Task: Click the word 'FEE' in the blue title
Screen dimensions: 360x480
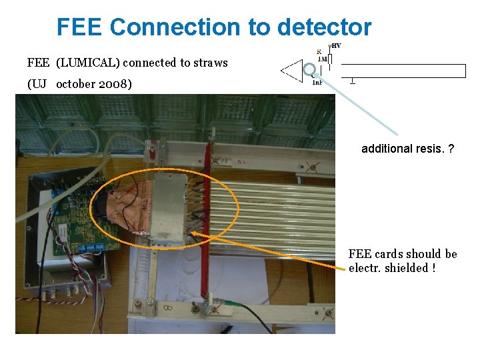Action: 80,27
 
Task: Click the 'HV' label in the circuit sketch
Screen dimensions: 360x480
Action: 336,45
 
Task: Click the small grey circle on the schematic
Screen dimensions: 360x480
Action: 310,69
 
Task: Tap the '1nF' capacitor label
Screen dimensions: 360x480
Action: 317,82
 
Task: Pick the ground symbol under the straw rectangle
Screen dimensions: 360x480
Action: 351,81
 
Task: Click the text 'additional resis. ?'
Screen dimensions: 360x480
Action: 408,149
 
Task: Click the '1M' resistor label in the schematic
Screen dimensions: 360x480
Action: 322,59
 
